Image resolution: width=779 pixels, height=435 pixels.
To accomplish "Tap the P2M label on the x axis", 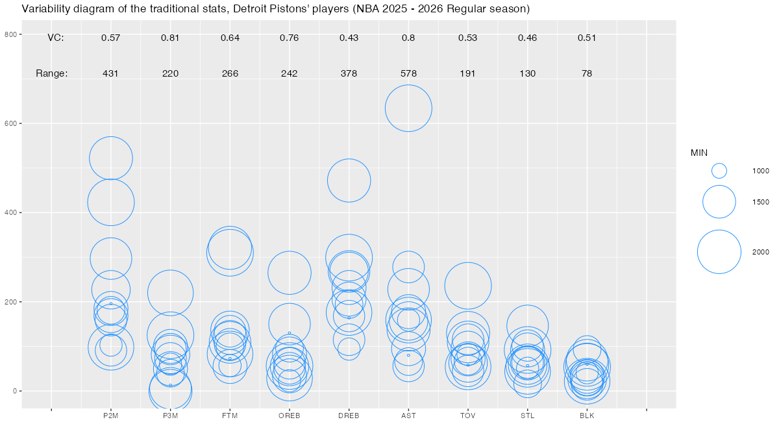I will (111, 416).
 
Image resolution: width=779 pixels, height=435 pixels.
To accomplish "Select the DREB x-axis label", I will (349, 416).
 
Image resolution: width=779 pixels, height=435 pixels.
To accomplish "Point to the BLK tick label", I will (587, 416).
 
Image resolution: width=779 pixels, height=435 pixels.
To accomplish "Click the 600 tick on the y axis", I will (11, 123).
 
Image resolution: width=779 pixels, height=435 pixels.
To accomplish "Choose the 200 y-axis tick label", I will (11, 302).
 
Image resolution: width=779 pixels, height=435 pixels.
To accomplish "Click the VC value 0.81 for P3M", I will (170, 38).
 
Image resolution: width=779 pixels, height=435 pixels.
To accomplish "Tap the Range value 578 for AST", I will (408, 73).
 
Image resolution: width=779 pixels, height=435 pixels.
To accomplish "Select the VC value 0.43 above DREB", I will (349, 38).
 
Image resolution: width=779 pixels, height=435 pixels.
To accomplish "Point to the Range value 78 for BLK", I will (587, 73).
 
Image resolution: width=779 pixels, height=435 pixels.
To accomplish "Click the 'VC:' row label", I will (56, 38).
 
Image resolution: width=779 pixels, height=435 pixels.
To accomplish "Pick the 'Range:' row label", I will (52, 73).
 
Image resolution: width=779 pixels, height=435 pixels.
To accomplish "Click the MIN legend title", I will (699, 153).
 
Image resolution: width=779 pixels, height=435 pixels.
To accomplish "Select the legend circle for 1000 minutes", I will (719, 170).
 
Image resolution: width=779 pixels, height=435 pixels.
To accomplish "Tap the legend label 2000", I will (761, 252).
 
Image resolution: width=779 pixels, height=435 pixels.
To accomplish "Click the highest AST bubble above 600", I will (408, 108).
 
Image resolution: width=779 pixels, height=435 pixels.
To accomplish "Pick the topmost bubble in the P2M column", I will (111, 158).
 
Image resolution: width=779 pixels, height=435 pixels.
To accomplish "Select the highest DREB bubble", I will (349, 180).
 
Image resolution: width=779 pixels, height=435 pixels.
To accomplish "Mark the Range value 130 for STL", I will (527, 73).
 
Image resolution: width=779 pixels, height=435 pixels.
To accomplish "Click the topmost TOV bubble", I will (467, 286).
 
